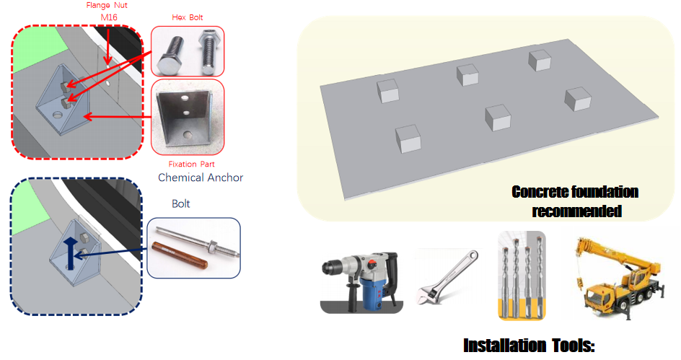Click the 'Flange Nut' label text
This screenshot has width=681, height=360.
[107, 6]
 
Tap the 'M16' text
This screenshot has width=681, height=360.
[109, 17]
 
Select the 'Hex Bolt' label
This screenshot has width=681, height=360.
[187, 17]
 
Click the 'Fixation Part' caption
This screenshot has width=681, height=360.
[192, 164]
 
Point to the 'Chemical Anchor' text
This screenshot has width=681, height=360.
[201, 177]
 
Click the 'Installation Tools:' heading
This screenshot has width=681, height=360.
[529, 346]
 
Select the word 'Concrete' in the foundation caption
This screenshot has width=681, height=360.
[539, 191]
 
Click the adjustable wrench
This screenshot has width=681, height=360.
[447, 277]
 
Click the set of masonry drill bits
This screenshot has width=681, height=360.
[522, 276]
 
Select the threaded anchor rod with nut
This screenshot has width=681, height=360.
[198, 242]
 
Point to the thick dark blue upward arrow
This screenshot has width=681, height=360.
[71, 254]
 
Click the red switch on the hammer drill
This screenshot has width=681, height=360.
[372, 263]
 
